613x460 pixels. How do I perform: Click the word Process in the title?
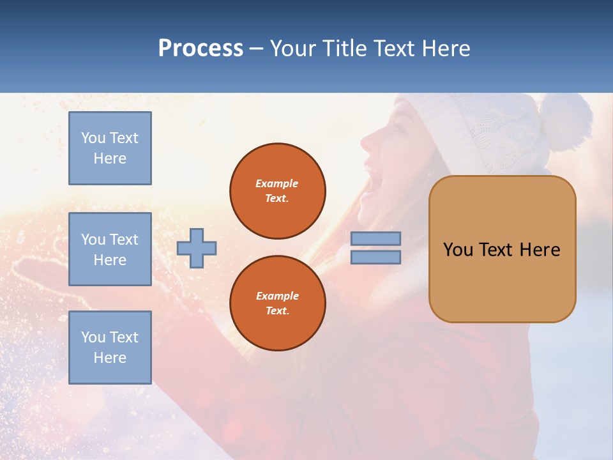(x=201, y=49)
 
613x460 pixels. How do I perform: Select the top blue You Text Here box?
(x=110, y=148)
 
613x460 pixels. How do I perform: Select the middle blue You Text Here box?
(x=110, y=249)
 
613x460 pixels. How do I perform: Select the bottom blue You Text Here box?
(x=110, y=347)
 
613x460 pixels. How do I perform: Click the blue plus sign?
(x=196, y=249)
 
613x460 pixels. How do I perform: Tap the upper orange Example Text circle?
(x=277, y=191)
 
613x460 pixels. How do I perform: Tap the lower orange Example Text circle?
(x=277, y=303)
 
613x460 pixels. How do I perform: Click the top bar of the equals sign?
(x=376, y=238)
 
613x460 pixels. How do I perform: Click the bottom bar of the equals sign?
(x=376, y=257)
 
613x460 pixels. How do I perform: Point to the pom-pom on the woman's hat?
(x=564, y=121)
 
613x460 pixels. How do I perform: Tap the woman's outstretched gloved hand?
(x=38, y=268)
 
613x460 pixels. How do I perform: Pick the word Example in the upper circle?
(x=277, y=183)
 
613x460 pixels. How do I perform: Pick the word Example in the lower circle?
(x=277, y=296)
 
